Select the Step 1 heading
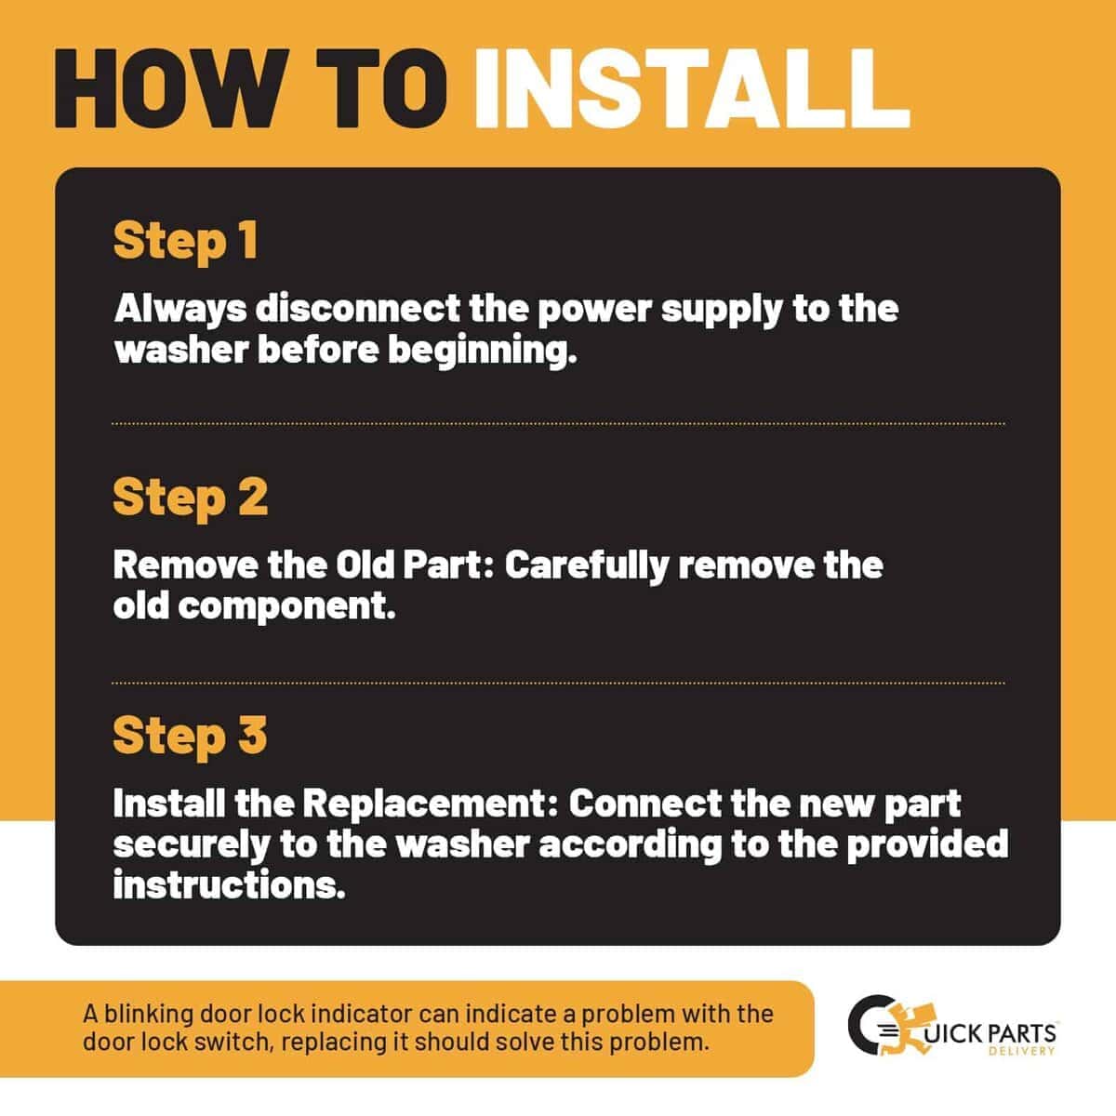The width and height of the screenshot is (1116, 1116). [x=185, y=242]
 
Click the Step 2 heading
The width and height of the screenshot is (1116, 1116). [x=191, y=498]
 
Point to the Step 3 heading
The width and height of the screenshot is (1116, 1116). [x=190, y=736]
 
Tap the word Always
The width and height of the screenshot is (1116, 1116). [x=180, y=310]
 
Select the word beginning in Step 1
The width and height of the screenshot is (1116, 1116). [x=483, y=352]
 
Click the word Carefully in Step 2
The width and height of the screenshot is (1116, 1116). [x=587, y=565]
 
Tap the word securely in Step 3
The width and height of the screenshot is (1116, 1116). [x=192, y=846]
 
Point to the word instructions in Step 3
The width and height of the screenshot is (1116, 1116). [x=230, y=885]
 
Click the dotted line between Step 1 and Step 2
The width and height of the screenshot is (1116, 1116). [x=558, y=424]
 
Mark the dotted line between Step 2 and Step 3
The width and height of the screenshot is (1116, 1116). [x=558, y=683]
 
